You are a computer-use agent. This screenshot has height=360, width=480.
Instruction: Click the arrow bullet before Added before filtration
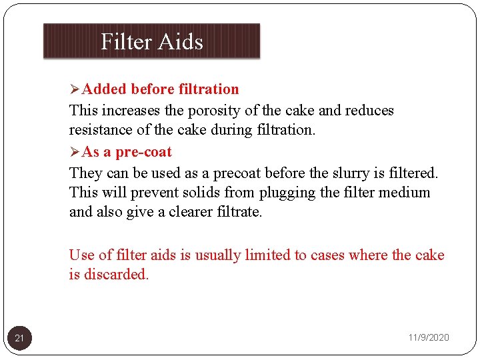[x=75, y=89]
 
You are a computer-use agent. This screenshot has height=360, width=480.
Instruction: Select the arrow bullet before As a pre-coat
[x=75, y=152]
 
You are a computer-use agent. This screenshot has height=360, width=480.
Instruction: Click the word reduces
[x=366, y=110]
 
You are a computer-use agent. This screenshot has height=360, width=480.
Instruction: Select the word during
[x=231, y=131]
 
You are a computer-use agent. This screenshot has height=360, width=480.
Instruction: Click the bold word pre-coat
[x=143, y=152]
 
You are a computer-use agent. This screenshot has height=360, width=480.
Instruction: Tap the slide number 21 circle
[x=19, y=338]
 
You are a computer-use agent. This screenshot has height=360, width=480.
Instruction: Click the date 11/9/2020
[x=429, y=338]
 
